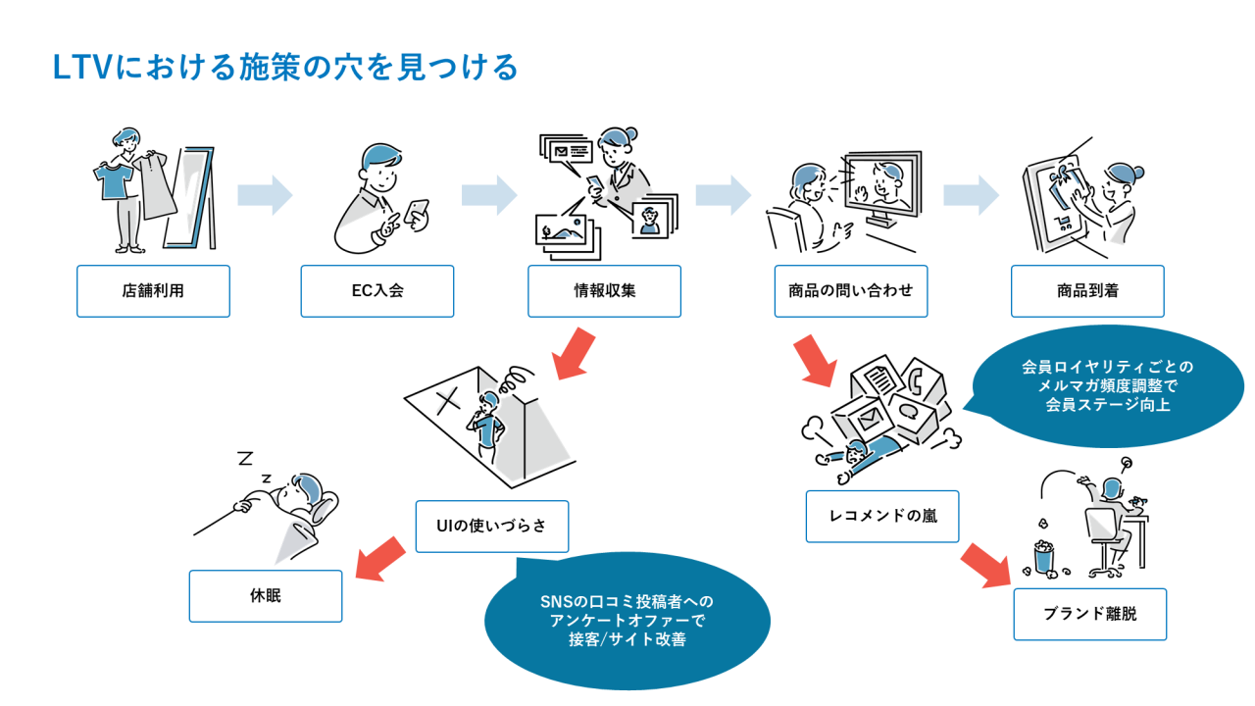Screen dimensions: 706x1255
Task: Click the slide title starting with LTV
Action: [x=284, y=68]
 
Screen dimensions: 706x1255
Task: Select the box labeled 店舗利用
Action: [x=153, y=291]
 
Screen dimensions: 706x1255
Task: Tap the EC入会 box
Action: [x=376, y=291]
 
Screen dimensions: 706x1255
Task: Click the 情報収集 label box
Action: [x=604, y=291]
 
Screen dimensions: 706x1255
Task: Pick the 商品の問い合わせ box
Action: [x=850, y=291]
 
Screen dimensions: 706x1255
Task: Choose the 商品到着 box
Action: [x=1087, y=291]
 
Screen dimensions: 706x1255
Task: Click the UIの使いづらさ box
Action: [x=491, y=526]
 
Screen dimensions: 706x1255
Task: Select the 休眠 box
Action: [x=265, y=595]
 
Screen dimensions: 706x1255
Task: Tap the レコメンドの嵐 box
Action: [x=881, y=516]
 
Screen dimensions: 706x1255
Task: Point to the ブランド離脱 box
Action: [x=1089, y=615]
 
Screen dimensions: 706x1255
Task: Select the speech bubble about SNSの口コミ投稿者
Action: [x=627, y=621]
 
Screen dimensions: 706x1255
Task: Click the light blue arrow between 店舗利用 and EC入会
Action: [x=265, y=194]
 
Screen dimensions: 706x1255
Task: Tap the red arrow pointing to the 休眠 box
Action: [x=379, y=558]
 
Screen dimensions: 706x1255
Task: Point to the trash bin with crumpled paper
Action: [x=1047, y=555]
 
